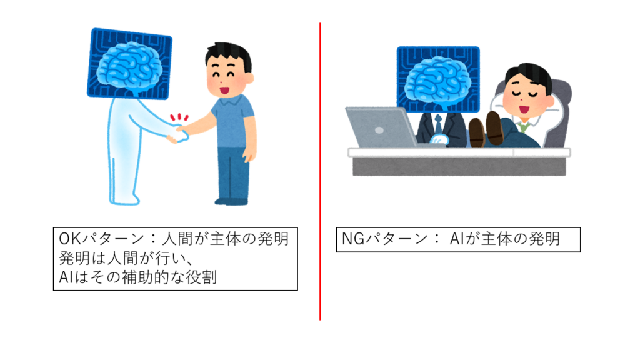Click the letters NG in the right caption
[x=353, y=239]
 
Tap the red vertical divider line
[x=320, y=171]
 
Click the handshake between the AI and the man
[x=178, y=134]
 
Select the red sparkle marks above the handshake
[x=179, y=117]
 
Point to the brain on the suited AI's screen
[x=438, y=82]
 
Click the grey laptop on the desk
[x=382, y=127]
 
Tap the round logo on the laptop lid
[x=379, y=130]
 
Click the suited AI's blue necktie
[x=438, y=124]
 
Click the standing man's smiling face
[x=226, y=77]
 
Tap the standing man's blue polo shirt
[x=232, y=121]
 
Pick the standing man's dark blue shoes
[x=231, y=201]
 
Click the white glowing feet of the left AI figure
[x=124, y=201]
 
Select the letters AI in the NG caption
[x=457, y=239]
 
